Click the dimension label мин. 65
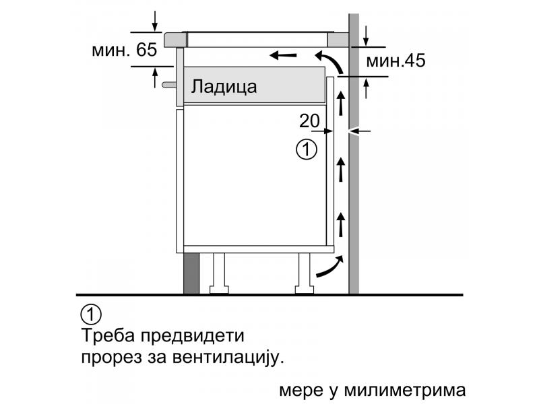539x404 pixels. [x=125, y=50]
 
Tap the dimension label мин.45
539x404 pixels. [x=395, y=61]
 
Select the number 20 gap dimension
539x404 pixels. [x=309, y=121]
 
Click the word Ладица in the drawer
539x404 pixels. [x=224, y=87]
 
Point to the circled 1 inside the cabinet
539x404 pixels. [x=307, y=149]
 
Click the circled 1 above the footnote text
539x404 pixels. [x=91, y=314]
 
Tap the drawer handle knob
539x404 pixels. [x=168, y=85]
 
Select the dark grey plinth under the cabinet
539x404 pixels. [x=191, y=273]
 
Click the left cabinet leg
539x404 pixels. [x=219, y=274]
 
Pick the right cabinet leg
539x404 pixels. [x=305, y=274]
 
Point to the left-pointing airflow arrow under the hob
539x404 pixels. [x=283, y=55]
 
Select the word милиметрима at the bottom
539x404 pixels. [x=405, y=391]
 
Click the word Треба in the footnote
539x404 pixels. [x=108, y=335]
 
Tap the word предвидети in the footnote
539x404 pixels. [x=193, y=335]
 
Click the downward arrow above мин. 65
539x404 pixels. [x=155, y=21]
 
